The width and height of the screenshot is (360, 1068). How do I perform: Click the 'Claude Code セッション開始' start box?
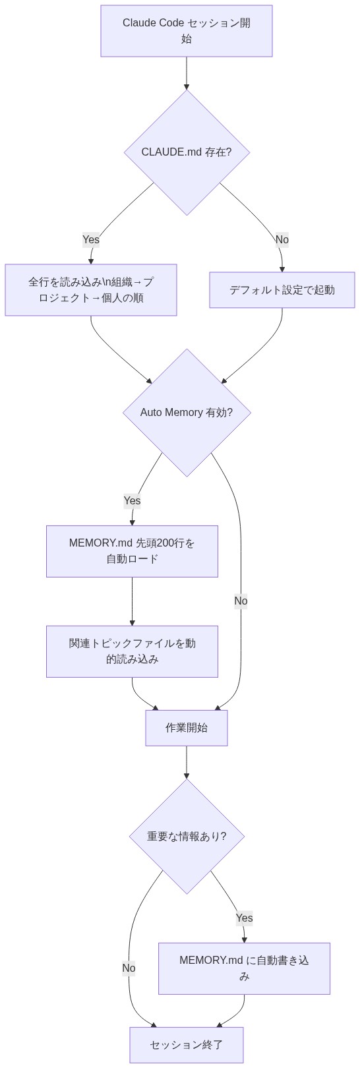(187, 31)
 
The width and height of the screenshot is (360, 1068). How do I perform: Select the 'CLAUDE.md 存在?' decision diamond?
(187, 152)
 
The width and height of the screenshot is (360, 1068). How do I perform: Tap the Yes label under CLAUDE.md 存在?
(91, 239)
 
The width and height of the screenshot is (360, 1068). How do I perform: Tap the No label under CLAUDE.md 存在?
(282, 239)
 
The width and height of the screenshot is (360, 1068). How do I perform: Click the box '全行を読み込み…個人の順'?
(91, 290)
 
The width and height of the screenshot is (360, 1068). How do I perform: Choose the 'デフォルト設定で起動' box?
(282, 290)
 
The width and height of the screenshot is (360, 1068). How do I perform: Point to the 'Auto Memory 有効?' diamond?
(187, 413)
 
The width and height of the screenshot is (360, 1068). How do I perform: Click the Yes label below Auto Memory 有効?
(132, 500)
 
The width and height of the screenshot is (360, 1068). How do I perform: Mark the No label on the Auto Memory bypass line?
(241, 601)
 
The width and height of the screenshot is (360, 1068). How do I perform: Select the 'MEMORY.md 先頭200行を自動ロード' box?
(132, 551)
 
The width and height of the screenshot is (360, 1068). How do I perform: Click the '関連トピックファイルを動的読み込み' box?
(132, 651)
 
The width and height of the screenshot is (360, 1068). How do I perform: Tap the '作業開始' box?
(187, 728)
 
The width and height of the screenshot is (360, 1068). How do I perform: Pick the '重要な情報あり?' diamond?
(187, 837)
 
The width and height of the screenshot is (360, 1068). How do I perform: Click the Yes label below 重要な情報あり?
(244, 918)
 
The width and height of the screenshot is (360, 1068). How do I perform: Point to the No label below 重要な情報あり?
(129, 968)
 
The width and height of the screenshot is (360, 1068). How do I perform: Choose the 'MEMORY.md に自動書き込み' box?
(244, 968)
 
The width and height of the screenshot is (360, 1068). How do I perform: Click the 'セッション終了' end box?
(187, 1045)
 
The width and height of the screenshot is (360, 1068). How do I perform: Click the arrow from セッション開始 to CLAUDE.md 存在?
(187, 73)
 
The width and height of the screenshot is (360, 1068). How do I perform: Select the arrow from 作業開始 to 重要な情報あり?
(187, 762)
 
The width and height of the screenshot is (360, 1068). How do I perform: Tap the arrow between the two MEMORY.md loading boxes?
(132, 601)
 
